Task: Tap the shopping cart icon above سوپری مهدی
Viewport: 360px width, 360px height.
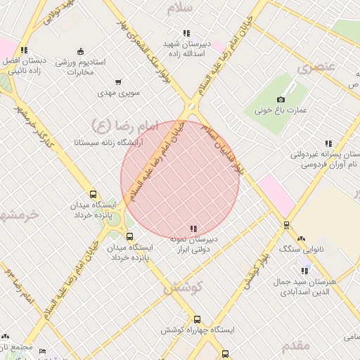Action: [x=118, y=82]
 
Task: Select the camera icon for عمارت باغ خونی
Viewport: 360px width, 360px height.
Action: [x=281, y=100]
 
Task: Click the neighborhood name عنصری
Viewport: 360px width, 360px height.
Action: [x=314, y=68]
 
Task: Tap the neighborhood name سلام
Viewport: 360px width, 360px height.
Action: [x=181, y=9]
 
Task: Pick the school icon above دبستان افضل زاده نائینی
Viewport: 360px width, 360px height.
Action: [x=24, y=50]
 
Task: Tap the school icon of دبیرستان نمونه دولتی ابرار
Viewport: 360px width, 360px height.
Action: [x=193, y=229]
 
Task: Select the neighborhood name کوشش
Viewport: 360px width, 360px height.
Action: [x=183, y=287]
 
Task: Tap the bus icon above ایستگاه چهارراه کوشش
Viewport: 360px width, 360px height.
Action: [x=197, y=319]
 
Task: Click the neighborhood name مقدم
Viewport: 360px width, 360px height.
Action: [x=296, y=346]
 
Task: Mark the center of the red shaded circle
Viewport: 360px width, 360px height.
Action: [x=180, y=179]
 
